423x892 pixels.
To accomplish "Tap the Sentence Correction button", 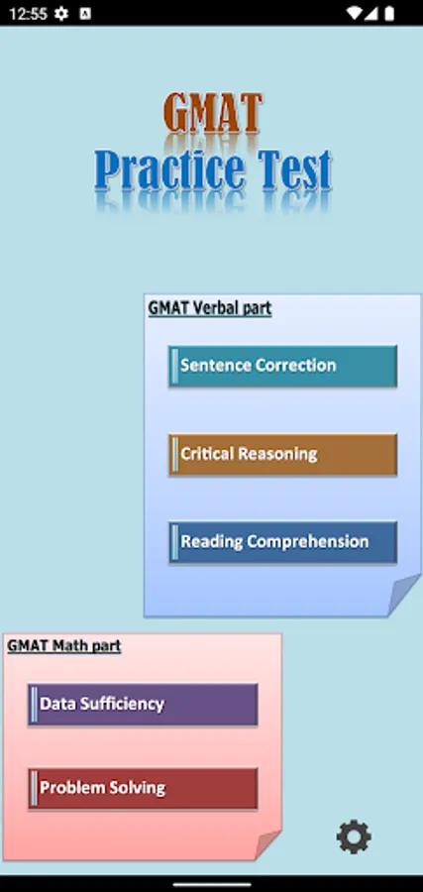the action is coord(282,366).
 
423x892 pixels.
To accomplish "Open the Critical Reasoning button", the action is coord(282,454).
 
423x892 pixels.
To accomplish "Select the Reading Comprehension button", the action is coord(282,542).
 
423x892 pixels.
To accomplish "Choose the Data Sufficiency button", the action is coord(143,705).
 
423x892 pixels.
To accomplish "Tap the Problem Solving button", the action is coord(143,788).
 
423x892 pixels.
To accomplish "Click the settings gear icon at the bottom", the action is coord(354,836).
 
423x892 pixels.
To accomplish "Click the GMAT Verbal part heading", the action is coord(210,308).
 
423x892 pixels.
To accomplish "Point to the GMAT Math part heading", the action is coord(64,645).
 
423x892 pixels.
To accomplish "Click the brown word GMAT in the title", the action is coord(213,113).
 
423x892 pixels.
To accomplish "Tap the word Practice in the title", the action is coord(169,170).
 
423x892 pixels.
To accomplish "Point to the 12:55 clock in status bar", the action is coord(28,14).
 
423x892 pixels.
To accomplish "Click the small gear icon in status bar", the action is coord(60,14).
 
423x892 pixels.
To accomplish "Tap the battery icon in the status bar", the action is coord(389,14).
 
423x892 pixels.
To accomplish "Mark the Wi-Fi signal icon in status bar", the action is coord(354,14).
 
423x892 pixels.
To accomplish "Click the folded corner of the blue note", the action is coord(403,595).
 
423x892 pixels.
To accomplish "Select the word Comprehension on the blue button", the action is coord(307,542).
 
